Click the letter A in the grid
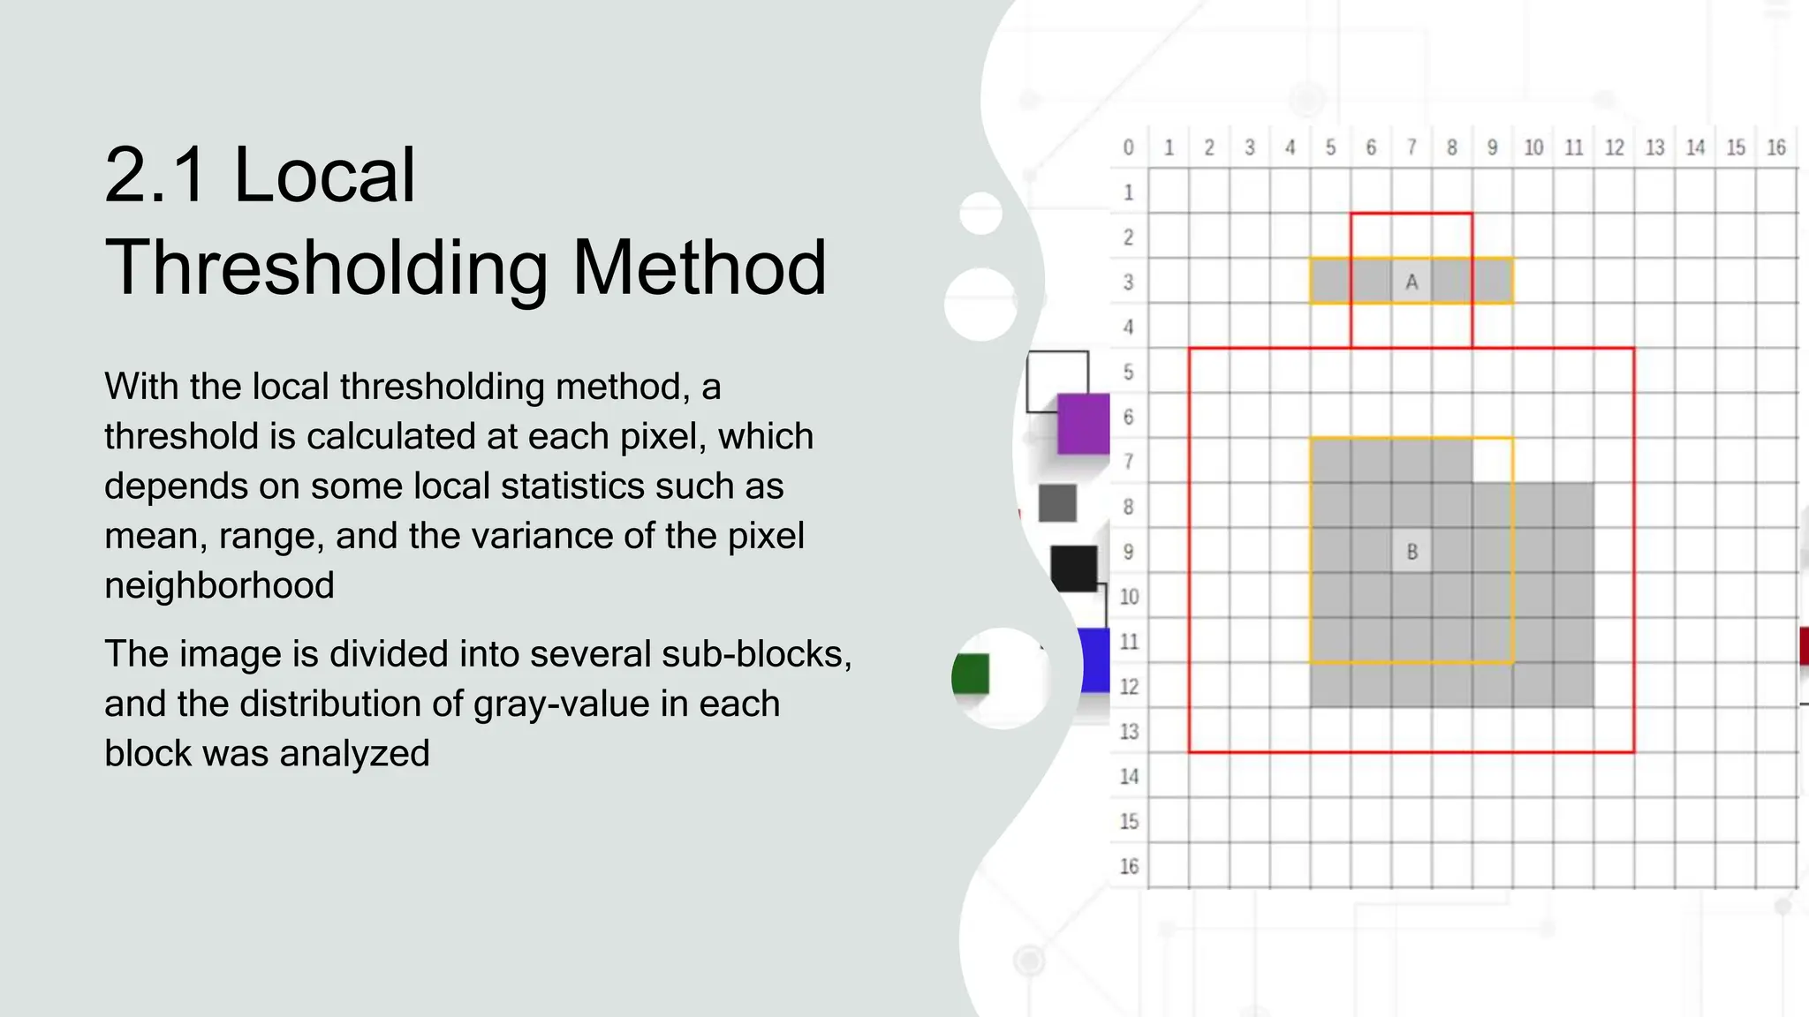(1412, 282)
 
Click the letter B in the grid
(1412, 552)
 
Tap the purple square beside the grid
(1083, 424)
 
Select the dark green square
(972, 674)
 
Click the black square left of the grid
(1074, 568)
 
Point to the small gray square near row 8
(1057, 503)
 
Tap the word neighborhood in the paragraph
(219, 585)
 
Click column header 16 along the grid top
(1776, 147)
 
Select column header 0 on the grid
(1128, 147)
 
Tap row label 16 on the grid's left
(1129, 866)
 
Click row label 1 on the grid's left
(1128, 192)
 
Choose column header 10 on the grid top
(1533, 147)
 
